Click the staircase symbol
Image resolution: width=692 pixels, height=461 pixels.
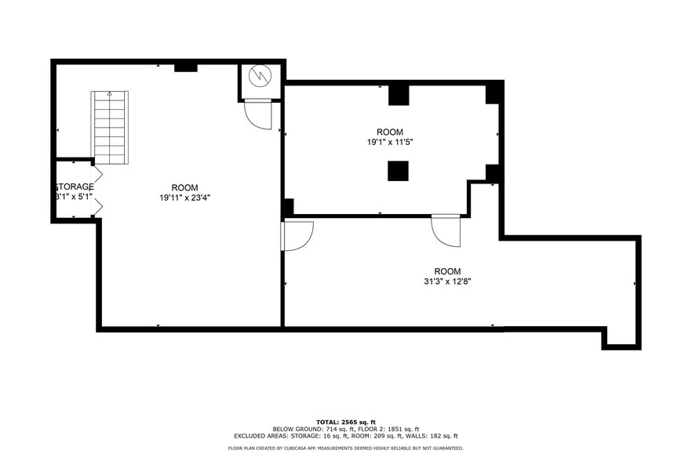pyautogui.click(x=110, y=127)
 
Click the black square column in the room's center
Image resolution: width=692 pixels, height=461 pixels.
pyautogui.click(x=398, y=171)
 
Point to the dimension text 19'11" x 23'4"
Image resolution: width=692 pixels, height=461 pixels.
pyautogui.click(x=184, y=198)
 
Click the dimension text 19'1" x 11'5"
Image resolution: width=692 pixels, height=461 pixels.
pyautogui.click(x=389, y=142)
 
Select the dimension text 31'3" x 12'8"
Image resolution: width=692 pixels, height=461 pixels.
pyautogui.click(x=446, y=281)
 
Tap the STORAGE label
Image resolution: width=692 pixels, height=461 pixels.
pyautogui.click(x=75, y=187)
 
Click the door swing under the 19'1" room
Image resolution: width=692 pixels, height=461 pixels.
pyautogui.click(x=446, y=230)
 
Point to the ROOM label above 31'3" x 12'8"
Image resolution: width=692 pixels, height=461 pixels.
pyautogui.click(x=447, y=271)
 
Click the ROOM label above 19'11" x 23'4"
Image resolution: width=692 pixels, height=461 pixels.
pyautogui.click(x=184, y=187)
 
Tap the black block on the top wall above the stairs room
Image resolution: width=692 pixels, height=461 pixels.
pyautogui.click(x=185, y=67)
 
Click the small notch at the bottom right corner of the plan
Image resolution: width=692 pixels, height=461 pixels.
pyautogui.click(x=621, y=339)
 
